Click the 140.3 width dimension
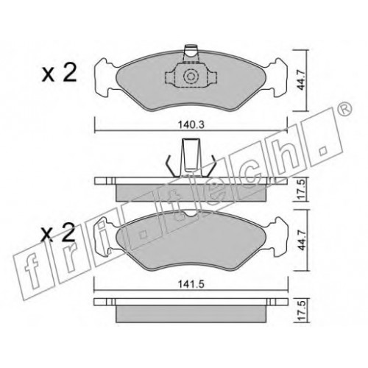(191, 125)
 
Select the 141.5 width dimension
(191, 285)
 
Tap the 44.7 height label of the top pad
(301, 80)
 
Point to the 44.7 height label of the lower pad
(301, 240)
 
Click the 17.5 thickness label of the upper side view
(302, 189)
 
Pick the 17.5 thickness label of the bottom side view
(302, 310)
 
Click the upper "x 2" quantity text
(59, 72)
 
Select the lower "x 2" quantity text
(58, 232)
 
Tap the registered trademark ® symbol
(344, 109)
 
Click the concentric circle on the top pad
(191, 77)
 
